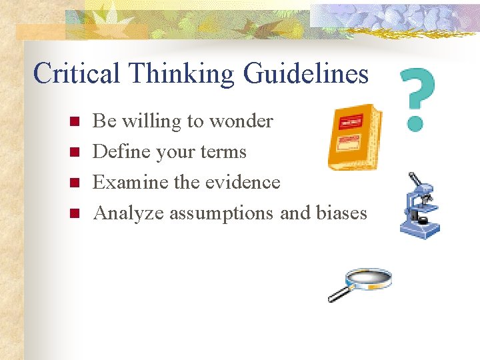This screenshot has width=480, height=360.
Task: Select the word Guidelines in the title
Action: [x=306, y=73]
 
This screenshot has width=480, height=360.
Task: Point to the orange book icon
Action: [x=354, y=137]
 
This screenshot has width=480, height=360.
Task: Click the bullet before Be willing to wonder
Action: [x=74, y=122]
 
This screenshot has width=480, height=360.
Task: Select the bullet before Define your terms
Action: [x=74, y=153]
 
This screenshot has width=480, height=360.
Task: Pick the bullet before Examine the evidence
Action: [x=74, y=183]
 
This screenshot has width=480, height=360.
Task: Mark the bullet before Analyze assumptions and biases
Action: [x=74, y=213]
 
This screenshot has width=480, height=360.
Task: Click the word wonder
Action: [x=241, y=121]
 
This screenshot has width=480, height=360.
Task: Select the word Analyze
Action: [x=129, y=213]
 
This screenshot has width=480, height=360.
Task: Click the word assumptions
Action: [x=221, y=213]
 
